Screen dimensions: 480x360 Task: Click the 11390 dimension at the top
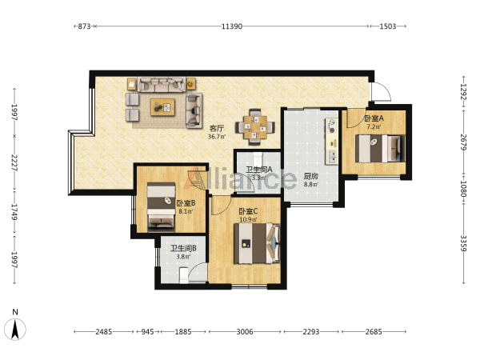tap(232, 26)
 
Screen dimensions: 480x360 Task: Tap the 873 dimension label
tap(84, 26)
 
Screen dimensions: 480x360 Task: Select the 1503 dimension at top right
tap(388, 26)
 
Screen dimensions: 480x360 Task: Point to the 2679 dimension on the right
tap(463, 142)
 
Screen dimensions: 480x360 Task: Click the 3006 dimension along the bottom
tap(245, 331)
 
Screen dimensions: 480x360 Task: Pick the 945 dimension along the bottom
tap(147, 331)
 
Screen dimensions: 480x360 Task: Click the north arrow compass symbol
tap(15, 329)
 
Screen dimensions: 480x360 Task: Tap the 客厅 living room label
tap(217, 128)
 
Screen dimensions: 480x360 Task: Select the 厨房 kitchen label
tap(310, 176)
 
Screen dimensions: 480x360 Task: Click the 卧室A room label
tap(374, 118)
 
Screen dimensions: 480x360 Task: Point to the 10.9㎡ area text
tap(248, 219)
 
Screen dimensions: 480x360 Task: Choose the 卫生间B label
tap(183, 248)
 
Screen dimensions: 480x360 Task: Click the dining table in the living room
tap(255, 127)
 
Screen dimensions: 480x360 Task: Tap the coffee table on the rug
tap(162, 107)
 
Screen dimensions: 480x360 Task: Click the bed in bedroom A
tap(380, 149)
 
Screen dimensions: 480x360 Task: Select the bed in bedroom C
tap(257, 243)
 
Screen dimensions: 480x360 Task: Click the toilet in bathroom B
tap(183, 274)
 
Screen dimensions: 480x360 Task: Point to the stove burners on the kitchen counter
tap(331, 126)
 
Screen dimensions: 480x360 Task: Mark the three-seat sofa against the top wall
tap(162, 85)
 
